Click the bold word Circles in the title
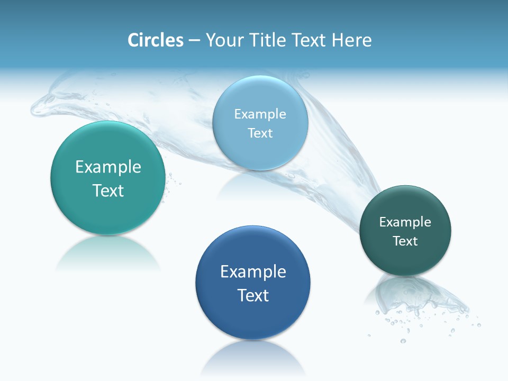tap(155, 40)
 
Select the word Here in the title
tap(351, 40)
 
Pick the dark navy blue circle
tap(253, 317)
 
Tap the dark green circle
tap(405, 259)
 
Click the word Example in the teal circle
tap(108, 167)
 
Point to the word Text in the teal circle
tap(108, 190)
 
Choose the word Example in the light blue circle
tap(260, 114)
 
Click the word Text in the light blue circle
tap(260, 133)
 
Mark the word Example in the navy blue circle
tap(253, 272)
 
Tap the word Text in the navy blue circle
tap(253, 295)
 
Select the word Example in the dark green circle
tap(405, 222)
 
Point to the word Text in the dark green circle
tap(405, 241)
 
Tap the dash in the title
tap(194, 41)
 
